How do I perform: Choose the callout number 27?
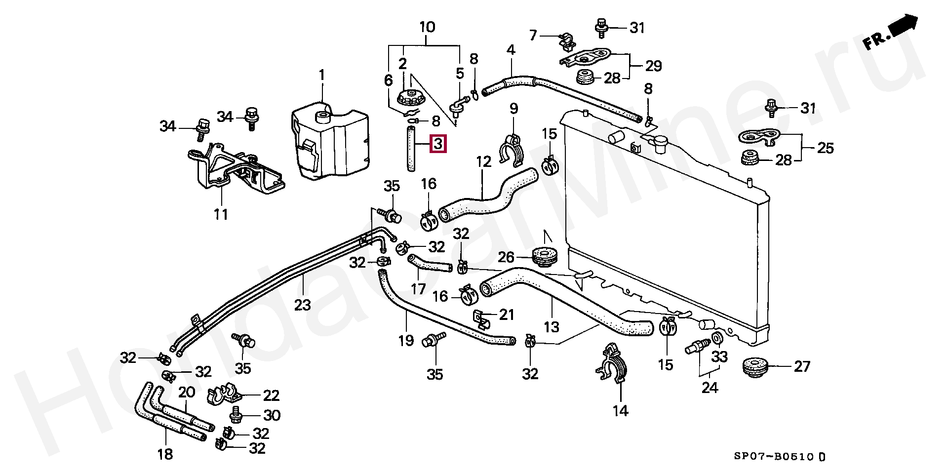click(802, 366)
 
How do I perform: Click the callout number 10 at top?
click(427, 27)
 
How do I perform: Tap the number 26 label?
click(506, 257)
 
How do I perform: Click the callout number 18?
click(165, 454)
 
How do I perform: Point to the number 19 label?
click(406, 340)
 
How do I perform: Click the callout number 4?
click(511, 49)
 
